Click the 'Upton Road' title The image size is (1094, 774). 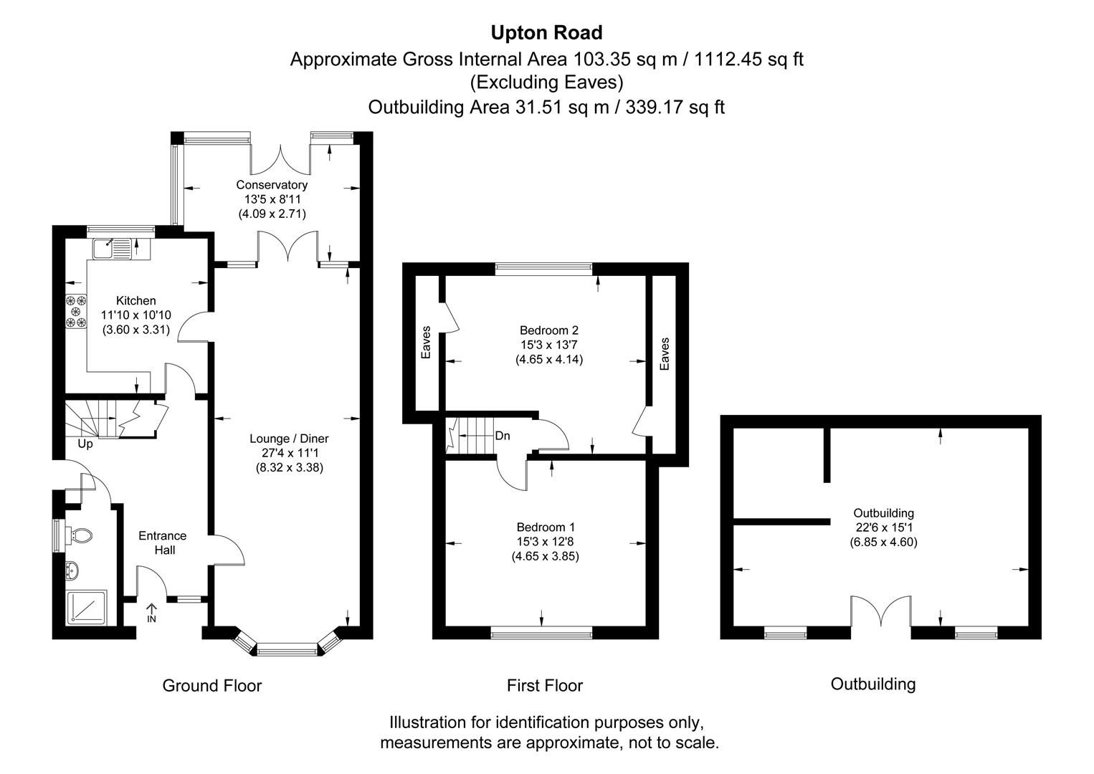pyautogui.click(x=546, y=33)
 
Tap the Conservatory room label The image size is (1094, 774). pyautogui.click(x=272, y=185)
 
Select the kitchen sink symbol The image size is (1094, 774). pyautogui.click(x=112, y=247)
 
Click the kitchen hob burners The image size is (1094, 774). pyautogui.click(x=76, y=312)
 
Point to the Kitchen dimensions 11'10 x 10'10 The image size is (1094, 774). pyautogui.click(x=136, y=315)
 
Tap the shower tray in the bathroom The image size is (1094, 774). pyautogui.click(x=86, y=608)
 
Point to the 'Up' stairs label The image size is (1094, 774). pyautogui.click(x=85, y=444)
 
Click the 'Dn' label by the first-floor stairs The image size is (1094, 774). pyautogui.click(x=503, y=436)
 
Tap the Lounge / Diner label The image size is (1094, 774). pyautogui.click(x=289, y=439)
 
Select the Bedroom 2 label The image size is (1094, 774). pyautogui.click(x=548, y=330)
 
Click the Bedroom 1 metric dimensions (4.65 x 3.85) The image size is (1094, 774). pyautogui.click(x=545, y=556)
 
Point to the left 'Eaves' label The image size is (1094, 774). pyautogui.click(x=426, y=343)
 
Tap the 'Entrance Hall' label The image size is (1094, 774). pyautogui.click(x=162, y=543)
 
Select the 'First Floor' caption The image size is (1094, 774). pyautogui.click(x=544, y=686)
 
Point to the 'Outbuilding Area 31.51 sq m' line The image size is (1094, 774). pyautogui.click(x=546, y=107)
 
